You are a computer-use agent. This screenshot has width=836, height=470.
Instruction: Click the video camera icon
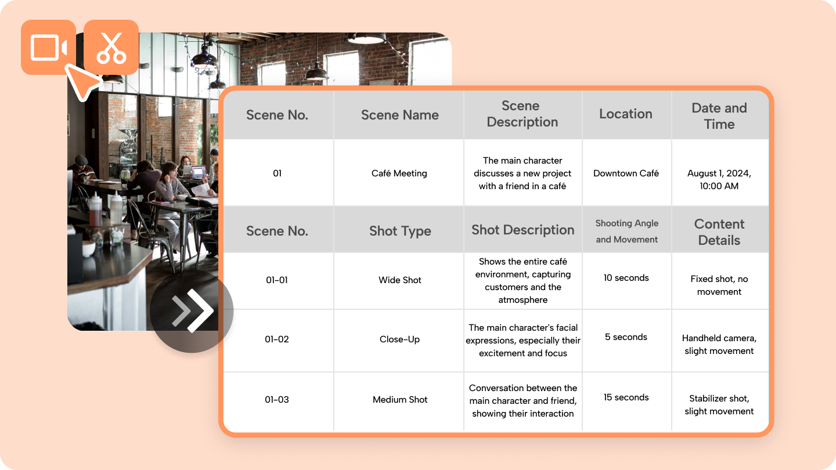49,48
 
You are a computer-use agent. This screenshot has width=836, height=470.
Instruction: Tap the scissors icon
111,48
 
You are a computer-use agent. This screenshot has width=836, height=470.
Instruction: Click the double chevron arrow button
192,311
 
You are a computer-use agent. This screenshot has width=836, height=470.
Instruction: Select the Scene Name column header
399,115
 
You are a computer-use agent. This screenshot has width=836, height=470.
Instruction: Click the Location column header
626,114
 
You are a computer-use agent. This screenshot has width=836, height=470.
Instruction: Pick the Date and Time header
719,116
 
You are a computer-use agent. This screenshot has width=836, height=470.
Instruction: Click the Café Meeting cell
399,173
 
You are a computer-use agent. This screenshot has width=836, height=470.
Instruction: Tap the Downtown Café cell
626,173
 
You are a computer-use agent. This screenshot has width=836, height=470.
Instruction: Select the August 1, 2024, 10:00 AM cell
719,179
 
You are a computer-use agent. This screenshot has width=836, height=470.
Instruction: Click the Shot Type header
400,231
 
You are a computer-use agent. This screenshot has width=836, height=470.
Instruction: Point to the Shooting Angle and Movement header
626,232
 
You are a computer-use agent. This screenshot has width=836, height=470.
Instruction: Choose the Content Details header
719,232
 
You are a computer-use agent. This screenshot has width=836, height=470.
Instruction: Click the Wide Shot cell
399,280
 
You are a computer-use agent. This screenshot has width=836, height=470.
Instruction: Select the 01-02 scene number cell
276,339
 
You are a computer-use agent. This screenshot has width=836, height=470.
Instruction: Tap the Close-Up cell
399,339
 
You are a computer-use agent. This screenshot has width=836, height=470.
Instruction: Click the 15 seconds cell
626,397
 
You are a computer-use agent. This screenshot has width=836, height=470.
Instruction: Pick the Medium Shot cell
399,399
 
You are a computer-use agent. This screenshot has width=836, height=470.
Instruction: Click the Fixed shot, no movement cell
719,285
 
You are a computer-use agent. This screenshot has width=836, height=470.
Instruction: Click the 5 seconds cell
626,337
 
